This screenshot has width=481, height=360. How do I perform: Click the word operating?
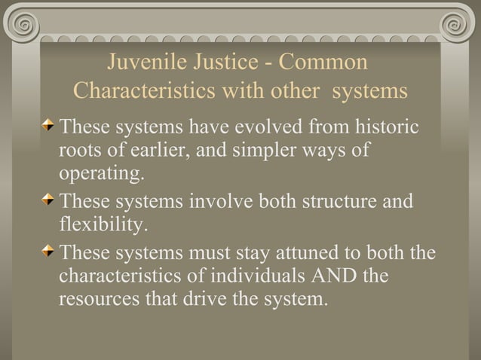click(x=101, y=175)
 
